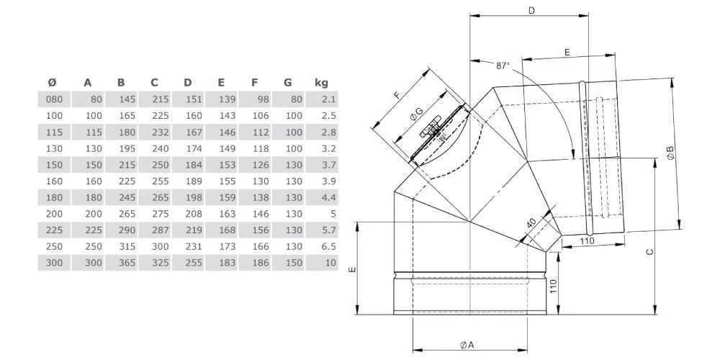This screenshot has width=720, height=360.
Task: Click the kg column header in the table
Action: tap(321, 83)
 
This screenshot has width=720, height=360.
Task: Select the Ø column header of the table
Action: tap(52, 83)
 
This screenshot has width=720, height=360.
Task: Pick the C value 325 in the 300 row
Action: tap(161, 263)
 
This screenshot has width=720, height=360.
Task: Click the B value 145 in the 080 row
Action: tap(127, 99)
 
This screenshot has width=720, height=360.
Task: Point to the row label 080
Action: tap(54, 99)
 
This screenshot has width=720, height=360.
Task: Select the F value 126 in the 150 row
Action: tap(261, 165)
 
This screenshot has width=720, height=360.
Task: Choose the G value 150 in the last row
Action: tap(294, 263)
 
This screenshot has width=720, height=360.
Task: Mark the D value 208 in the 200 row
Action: tap(194, 214)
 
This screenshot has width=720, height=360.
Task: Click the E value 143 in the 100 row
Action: tap(228, 116)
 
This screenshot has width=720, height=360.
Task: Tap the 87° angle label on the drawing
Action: tap(503, 66)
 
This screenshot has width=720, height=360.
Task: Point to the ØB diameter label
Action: tap(670, 153)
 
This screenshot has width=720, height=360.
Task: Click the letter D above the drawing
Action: tap(532, 11)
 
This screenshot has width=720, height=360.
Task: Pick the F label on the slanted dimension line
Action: tap(397, 96)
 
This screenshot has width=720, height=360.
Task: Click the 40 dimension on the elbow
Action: tap(531, 224)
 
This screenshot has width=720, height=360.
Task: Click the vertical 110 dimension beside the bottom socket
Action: tap(553, 287)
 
